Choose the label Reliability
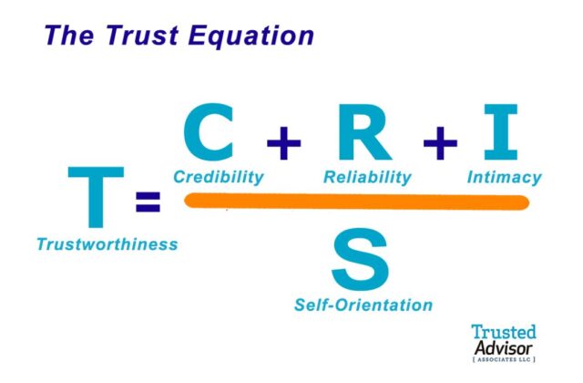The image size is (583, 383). tap(367, 177)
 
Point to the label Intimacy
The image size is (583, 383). tap(504, 177)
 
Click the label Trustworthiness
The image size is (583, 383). tap(107, 244)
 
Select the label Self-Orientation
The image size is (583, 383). tap(363, 304)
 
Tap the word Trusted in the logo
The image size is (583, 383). tap(504, 333)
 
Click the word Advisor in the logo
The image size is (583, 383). tap(504, 348)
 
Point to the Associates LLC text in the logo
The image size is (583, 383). tap(504, 361)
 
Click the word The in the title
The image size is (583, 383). tap(67, 36)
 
